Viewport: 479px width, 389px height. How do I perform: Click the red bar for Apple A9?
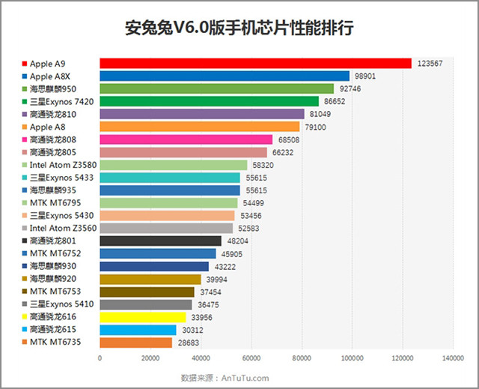click(x=255, y=64)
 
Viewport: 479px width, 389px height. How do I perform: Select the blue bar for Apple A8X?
click(x=225, y=76)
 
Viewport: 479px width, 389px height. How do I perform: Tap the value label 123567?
click(x=430, y=64)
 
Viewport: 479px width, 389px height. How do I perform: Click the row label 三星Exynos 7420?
click(x=61, y=101)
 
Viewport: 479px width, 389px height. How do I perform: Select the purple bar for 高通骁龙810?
click(x=202, y=114)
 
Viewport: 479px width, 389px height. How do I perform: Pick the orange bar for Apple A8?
click(x=199, y=127)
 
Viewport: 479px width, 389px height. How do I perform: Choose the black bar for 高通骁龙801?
click(x=160, y=241)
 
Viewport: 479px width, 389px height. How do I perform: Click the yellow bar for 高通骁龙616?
click(x=142, y=317)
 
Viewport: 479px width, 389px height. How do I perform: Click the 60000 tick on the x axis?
click(x=251, y=358)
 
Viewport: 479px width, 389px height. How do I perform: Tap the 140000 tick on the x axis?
click(x=452, y=358)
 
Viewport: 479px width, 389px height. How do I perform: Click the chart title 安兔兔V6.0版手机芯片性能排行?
click(x=239, y=28)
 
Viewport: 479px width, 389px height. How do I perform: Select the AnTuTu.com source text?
click(x=244, y=378)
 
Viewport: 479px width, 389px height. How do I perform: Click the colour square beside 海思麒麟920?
click(x=25, y=279)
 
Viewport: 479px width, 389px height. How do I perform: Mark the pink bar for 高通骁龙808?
click(x=186, y=139)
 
